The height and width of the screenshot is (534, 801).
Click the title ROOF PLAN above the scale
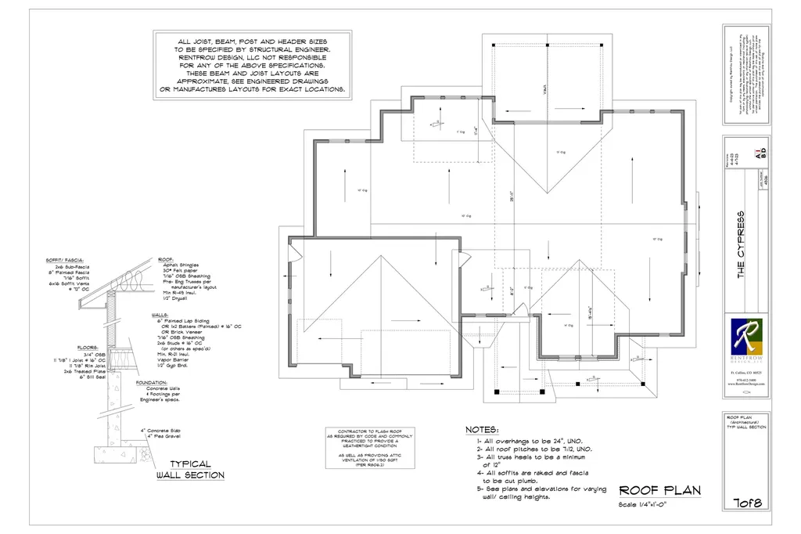(659, 490)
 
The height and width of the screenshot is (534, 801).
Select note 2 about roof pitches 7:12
(533, 449)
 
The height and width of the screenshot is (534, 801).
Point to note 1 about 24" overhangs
(533, 441)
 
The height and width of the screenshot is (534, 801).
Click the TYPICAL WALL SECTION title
(190, 469)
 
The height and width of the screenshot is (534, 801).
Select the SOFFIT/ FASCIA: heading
(67, 259)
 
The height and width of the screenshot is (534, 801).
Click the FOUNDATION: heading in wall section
(153, 383)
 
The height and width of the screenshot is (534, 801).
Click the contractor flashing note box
(369, 447)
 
